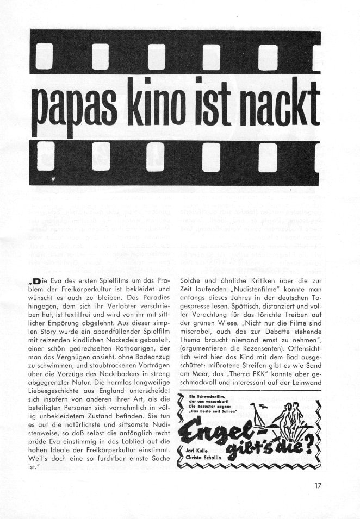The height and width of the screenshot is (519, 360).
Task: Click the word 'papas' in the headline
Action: pyautogui.click(x=73, y=104)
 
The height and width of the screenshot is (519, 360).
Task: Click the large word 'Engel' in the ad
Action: pyautogui.click(x=223, y=429)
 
